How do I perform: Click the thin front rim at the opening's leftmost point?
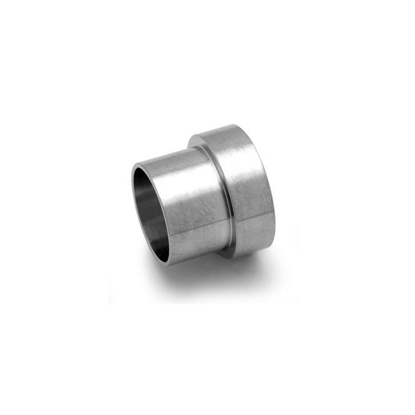130,205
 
